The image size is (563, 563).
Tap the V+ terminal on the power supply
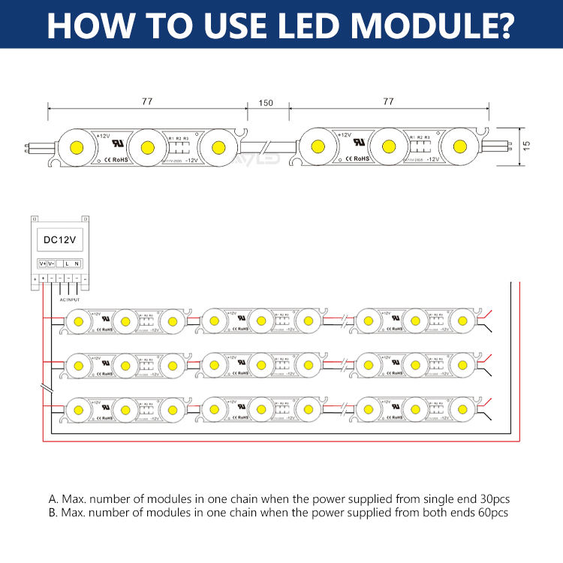(x=42, y=263)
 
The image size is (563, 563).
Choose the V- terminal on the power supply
(x=51, y=263)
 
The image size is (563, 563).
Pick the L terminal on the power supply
(x=68, y=263)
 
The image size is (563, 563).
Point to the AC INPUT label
(x=70, y=299)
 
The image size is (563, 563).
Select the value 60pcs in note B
(x=492, y=513)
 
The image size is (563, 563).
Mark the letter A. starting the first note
(x=53, y=498)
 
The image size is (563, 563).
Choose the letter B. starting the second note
(x=53, y=513)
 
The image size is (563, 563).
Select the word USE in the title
(x=218, y=24)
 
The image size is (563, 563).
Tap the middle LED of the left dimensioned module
(x=145, y=143)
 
